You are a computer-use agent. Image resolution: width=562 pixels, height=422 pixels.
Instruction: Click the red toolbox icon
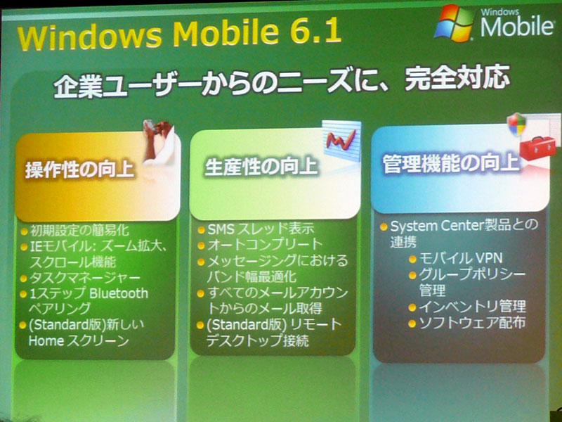pyautogui.click(x=537, y=148)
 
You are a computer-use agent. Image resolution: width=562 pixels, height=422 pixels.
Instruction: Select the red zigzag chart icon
pyautogui.click(x=341, y=140)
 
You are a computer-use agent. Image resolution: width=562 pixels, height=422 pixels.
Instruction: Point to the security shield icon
pyautogui.click(x=516, y=124)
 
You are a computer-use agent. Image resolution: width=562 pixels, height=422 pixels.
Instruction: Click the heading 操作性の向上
pyautogui.click(x=79, y=170)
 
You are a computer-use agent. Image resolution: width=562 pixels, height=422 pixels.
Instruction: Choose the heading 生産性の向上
pyautogui.click(x=261, y=167)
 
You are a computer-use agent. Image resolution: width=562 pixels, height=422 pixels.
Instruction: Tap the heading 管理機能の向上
pyautogui.click(x=451, y=164)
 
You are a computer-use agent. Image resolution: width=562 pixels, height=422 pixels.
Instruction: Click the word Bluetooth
pyautogui.click(x=119, y=293)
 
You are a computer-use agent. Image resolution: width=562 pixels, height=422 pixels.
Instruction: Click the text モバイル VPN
pyautogui.click(x=461, y=258)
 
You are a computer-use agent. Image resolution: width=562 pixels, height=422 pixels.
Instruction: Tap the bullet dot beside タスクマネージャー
pyautogui.click(x=24, y=279)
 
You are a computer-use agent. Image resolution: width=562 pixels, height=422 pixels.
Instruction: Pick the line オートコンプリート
pyautogui.click(x=266, y=245)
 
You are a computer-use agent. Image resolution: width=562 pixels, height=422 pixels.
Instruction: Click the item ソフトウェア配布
pyautogui.click(x=472, y=323)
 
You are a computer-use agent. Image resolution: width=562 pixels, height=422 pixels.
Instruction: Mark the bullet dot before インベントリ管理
pyautogui.click(x=412, y=307)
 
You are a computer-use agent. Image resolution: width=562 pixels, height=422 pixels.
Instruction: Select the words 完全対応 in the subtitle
pyautogui.click(x=457, y=78)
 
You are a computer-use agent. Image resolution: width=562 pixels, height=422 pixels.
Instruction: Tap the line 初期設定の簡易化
pyautogui.click(x=79, y=231)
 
